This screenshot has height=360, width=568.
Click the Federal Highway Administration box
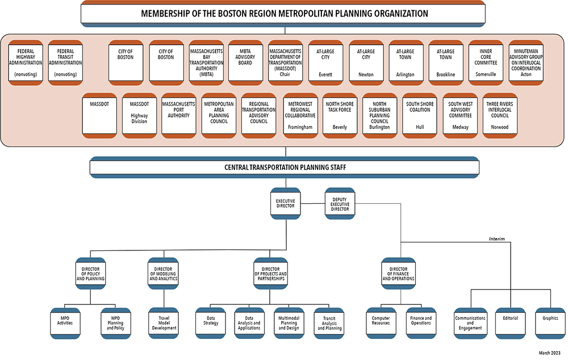[x=26, y=62]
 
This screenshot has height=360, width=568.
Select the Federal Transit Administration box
[x=65, y=62]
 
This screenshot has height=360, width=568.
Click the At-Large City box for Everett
[x=325, y=62]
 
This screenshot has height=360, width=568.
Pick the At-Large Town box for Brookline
[x=445, y=62]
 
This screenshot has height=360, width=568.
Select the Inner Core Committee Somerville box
[x=485, y=62]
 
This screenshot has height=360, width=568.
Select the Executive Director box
[x=285, y=203]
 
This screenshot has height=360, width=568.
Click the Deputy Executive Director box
[x=340, y=203]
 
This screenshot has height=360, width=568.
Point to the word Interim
[x=497, y=239]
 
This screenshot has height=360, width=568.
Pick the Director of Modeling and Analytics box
[x=164, y=274]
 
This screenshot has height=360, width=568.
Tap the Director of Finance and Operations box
[x=398, y=274]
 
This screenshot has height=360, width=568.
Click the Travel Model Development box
[x=164, y=323]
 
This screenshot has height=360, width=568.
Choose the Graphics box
[x=550, y=319]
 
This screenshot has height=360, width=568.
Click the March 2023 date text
[x=550, y=353]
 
